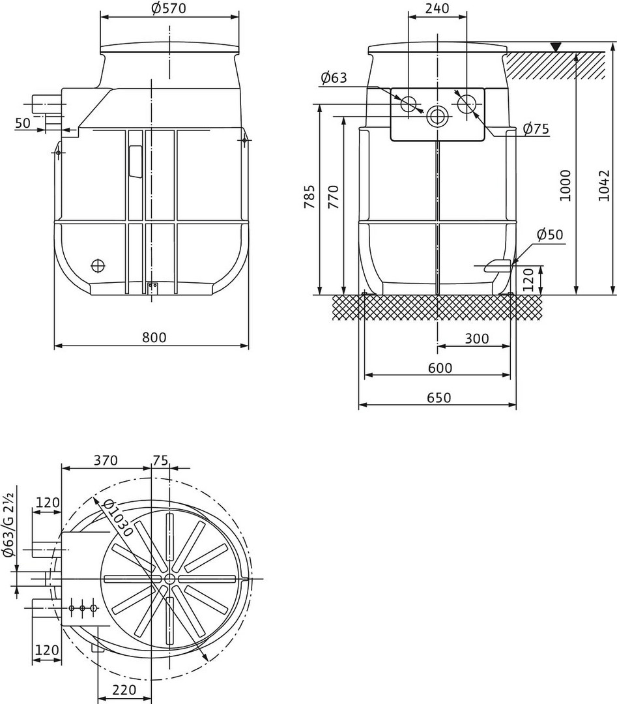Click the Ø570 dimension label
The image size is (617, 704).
click(x=169, y=8)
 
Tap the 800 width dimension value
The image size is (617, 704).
click(x=154, y=337)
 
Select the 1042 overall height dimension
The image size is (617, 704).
click(x=605, y=185)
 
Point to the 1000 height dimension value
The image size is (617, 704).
click(x=566, y=185)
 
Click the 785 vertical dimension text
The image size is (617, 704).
click(x=309, y=196)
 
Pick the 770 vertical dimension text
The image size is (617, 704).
click(x=334, y=196)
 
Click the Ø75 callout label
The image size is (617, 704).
click(x=536, y=129)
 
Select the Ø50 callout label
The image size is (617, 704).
click(x=550, y=235)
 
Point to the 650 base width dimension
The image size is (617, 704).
click(x=439, y=398)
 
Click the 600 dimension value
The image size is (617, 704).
click(x=440, y=368)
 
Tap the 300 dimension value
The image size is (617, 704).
click(x=476, y=338)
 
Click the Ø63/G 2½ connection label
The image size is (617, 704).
click(x=9, y=525)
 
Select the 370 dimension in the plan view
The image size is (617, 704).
click(x=106, y=460)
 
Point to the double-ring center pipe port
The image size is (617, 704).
click(x=436, y=117)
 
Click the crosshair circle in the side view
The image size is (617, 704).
click(x=97, y=266)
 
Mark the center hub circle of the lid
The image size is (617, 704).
click(x=169, y=578)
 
